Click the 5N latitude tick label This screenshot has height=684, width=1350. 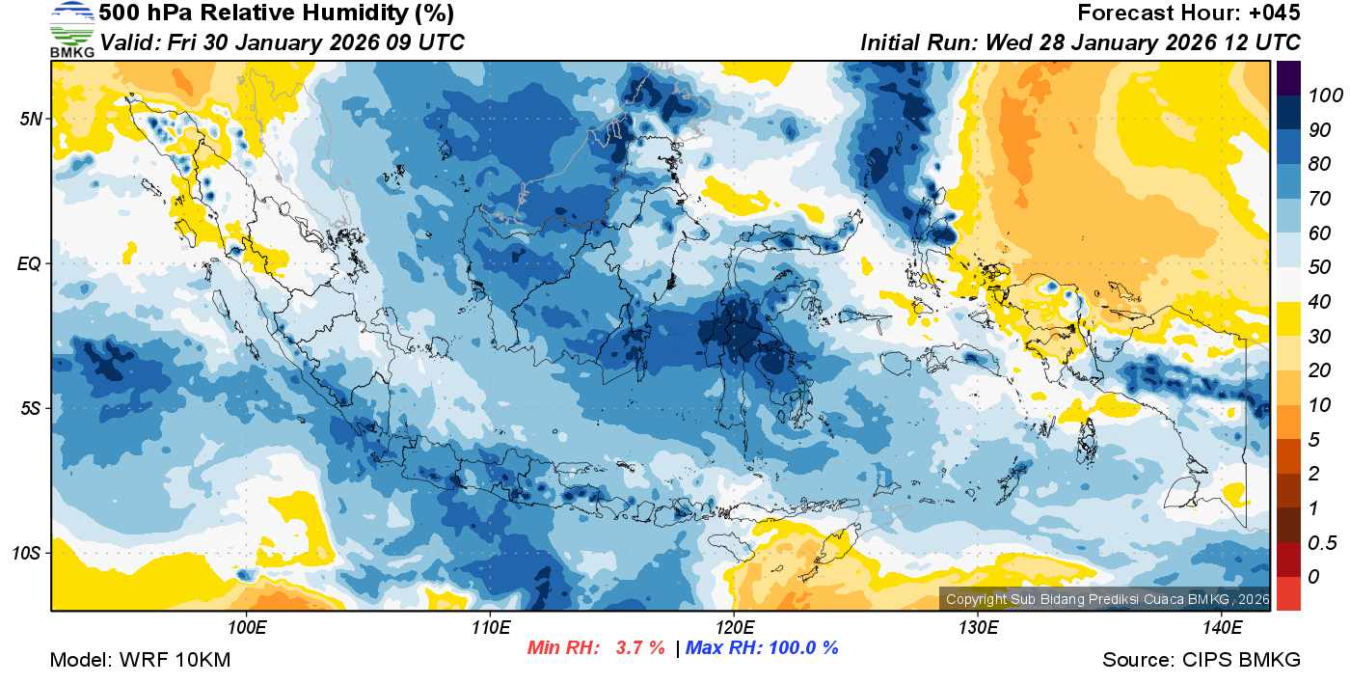(x=31, y=119)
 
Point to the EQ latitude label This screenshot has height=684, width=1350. (x=30, y=263)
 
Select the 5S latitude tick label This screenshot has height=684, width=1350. (x=31, y=409)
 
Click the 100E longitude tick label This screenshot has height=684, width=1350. (x=247, y=627)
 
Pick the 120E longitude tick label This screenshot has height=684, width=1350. (x=734, y=627)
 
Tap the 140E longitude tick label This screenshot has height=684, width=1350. (x=1222, y=627)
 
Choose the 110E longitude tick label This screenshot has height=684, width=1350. (x=490, y=627)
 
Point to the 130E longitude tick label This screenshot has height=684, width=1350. (x=978, y=627)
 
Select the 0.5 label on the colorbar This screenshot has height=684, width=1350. (x=1321, y=542)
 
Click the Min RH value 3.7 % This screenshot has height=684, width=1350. (x=640, y=647)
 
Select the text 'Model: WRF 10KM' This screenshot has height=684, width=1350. (x=140, y=660)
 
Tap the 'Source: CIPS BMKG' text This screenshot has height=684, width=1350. (x=1201, y=660)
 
